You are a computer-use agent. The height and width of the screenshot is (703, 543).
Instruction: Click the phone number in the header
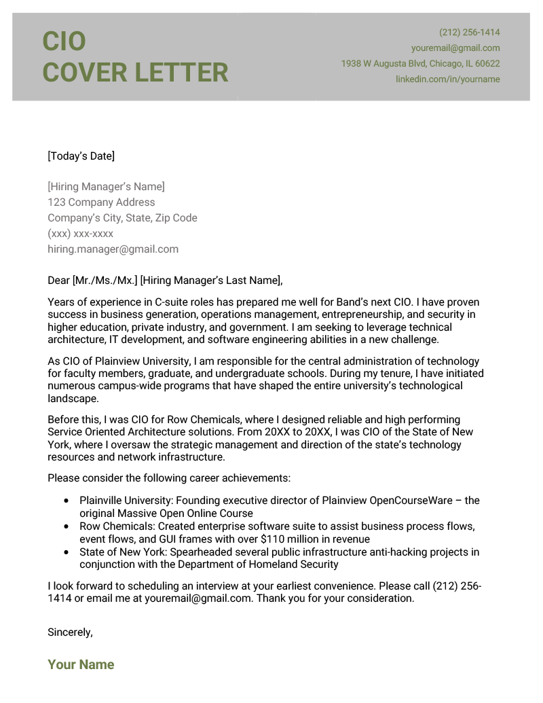pos(469,33)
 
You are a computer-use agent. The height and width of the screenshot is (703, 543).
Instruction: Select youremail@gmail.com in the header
pos(455,48)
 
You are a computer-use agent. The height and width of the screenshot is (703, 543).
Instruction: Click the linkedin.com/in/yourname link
pos(447,79)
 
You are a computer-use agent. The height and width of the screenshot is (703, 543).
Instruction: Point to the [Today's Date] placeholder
pos(81,156)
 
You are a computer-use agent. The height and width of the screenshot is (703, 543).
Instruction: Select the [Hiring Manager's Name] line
pos(106,187)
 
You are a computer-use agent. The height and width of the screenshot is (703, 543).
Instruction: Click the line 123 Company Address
pos(101,202)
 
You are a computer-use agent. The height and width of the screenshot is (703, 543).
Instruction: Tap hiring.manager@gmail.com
pos(113,249)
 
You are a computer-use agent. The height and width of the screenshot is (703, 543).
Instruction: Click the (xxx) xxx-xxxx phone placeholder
pos(80,234)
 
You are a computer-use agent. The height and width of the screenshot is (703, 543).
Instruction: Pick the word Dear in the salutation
pos(58,281)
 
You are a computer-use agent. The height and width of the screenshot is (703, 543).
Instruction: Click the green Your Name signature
pos(81,665)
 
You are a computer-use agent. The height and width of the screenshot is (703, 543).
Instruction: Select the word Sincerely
pos(69,632)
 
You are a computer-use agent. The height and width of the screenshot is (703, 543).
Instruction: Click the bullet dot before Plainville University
pos(66,501)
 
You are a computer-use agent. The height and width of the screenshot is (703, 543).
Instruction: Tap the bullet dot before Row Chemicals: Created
pos(66,526)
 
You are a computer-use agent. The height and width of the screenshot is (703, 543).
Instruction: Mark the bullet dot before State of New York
pos(66,552)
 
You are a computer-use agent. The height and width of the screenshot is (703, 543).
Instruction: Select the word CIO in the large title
pos(64,41)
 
